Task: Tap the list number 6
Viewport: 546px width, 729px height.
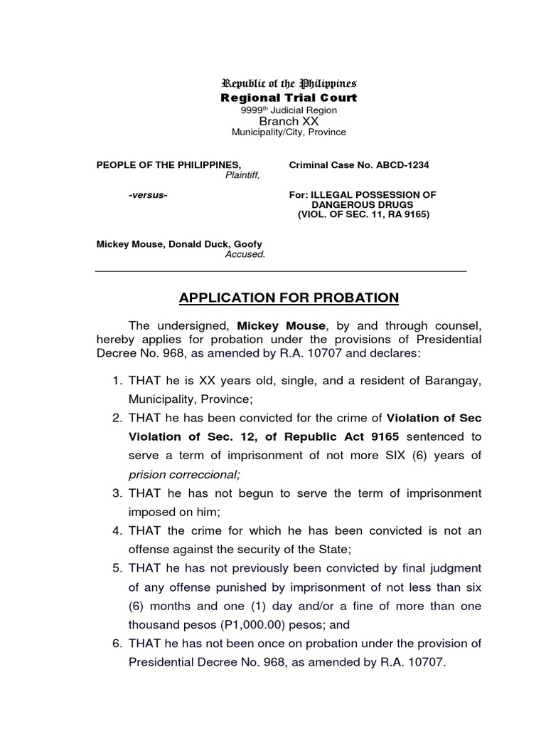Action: point(117,644)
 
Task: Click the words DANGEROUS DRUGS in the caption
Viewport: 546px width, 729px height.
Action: point(363,204)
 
